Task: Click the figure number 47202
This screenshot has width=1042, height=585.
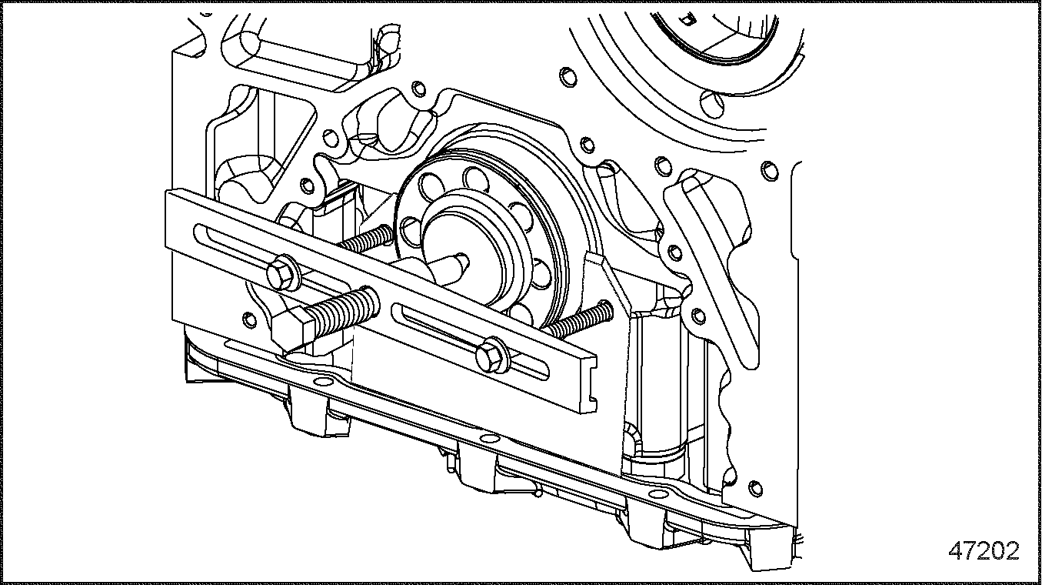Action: coord(984,551)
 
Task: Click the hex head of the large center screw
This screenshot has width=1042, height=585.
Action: coord(290,324)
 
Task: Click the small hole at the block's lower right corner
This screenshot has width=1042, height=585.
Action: coord(755,486)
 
